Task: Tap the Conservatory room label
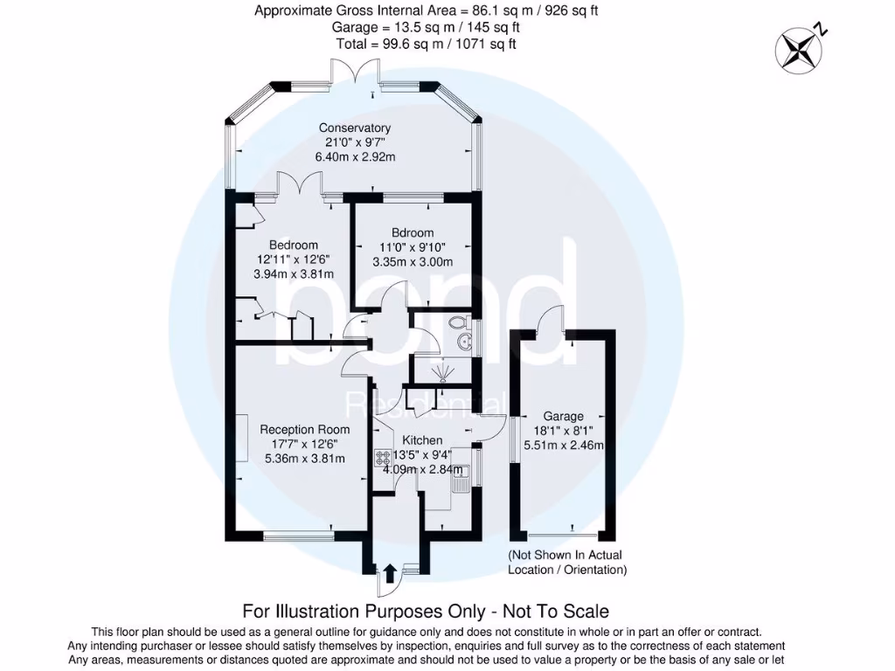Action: pyautogui.click(x=354, y=128)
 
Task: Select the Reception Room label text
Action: pyautogui.click(x=304, y=429)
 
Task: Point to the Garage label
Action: pyautogui.click(x=563, y=416)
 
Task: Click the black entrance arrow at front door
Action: pyautogui.click(x=390, y=572)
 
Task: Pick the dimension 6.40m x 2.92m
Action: pyautogui.click(x=355, y=157)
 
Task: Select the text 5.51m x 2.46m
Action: pyautogui.click(x=563, y=445)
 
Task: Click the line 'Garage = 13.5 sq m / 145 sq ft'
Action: pyautogui.click(x=426, y=27)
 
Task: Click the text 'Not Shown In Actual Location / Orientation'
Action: pyautogui.click(x=567, y=562)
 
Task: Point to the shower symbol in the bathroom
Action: pyautogui.click(x=443, y=373)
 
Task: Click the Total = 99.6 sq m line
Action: pyautogui.click(x=426, y=44)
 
